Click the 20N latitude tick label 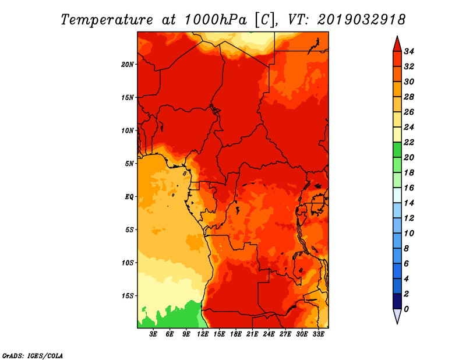(x=128, y=65)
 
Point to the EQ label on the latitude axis (x=129, y=197)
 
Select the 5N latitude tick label (x=129, y=164)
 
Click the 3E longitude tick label (x=153, y=334)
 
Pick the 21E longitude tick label (x=252, y=334)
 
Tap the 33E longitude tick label (x=318, y=334)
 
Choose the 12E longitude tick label (x=202, y=334)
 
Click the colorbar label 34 (x=409, y=51)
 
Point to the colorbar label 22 (x=409, y=142)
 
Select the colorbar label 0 (x=406, y=309)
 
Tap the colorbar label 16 (x=409, y=188)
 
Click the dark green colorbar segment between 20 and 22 (x=397, y=150)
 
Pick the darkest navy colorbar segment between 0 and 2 (x=397, y=301)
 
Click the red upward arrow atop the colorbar (x=397, y=44)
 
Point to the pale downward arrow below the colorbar (x=397, y=316)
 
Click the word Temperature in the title (x=107, y=20)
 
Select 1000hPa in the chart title (x=216, y=20)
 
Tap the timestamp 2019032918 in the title (x=361, y=20)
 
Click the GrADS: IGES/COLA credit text (x=33, y=356)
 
